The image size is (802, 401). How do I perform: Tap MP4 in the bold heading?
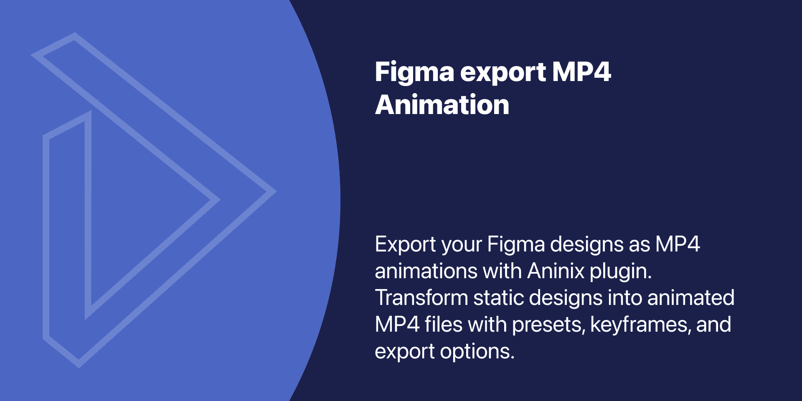(x=581, y=72)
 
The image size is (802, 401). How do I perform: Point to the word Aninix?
(x=556, y=271)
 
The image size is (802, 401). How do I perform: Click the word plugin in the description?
(x=620, y=272)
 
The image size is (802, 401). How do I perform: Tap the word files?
(x=444, y=325)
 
